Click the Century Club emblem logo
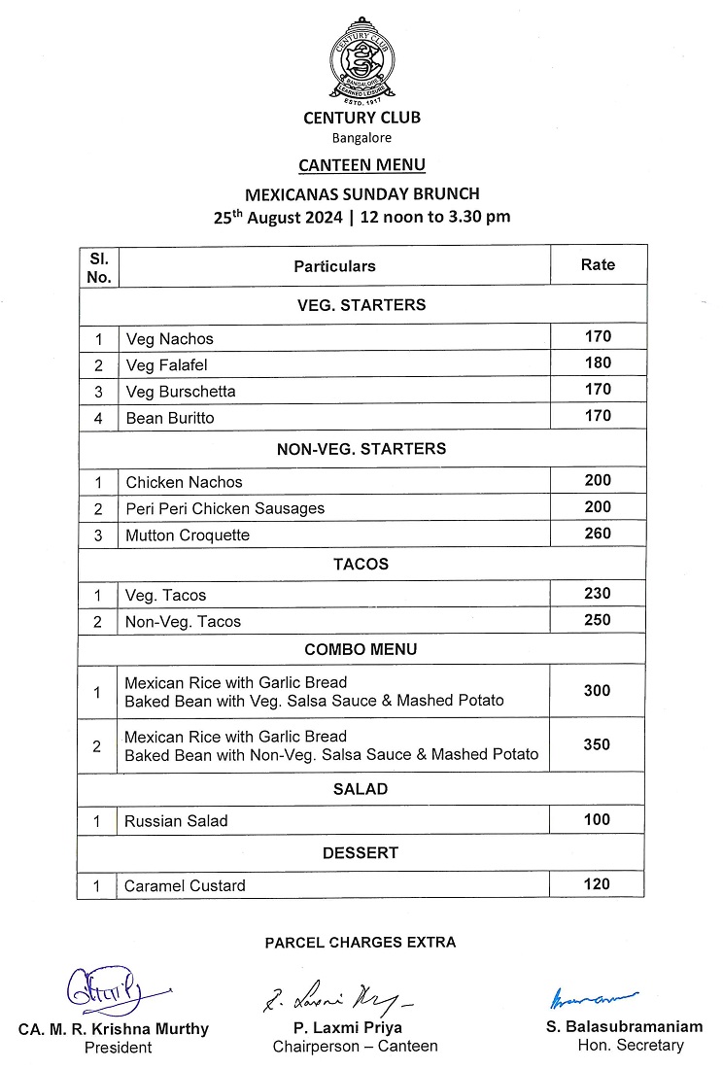click(x=361, y=61)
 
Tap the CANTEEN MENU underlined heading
click(x=361, y=165)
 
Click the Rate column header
click(x=598, y=264)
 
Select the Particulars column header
click(x=334, y=265)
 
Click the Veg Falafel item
click(x=167, y=365)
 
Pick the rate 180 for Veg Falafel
click(x=598, y=363)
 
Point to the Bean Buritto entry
click(x=170, y=418)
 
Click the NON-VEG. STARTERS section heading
click(x=361, y=449)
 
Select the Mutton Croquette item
click(x=188, y=535)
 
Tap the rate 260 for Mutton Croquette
click(x=598, y=534)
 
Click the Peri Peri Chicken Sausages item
click(x=224, y=508)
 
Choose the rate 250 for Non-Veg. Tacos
click(x=598, y=620)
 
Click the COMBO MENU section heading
click(x=361, y=649)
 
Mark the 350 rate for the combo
click(x=598, y=745)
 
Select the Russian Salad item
click(x=176, y=821)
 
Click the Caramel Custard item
click(x=185, y=885)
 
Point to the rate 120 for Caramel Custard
click(x=598, y=884)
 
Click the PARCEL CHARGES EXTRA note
click(x=361, y=942)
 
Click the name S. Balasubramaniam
click(x=625, y=1026)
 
